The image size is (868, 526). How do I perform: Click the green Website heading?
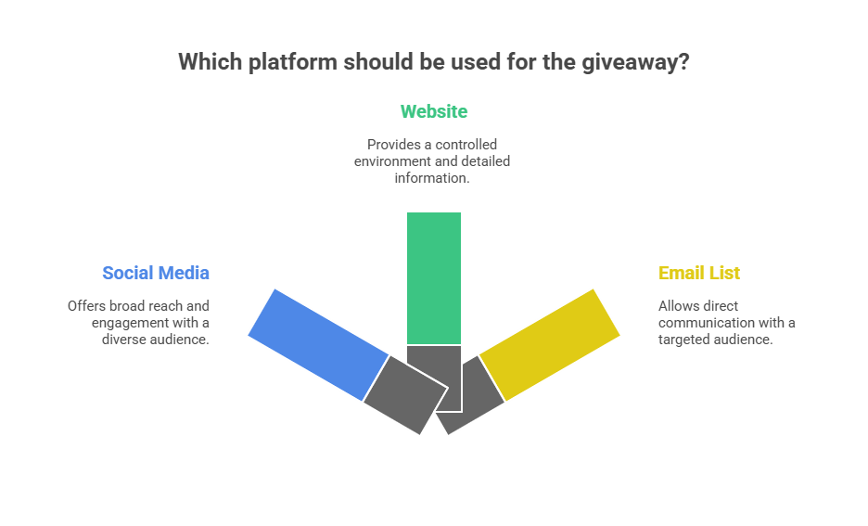pyautogui.click(x=434, y=112)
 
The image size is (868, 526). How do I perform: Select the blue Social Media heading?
pyautogui.click(x=156, y=273)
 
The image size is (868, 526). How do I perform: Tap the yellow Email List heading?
pyautogui.click(x=699, y=273)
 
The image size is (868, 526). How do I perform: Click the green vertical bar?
pyautogui.click(x=434, y=278)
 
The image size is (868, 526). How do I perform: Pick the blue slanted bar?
pyautogui.click(x=317, y=344)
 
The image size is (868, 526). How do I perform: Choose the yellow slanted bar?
pyautogui.click(x=549, y=344)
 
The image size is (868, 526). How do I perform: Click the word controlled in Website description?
pyautogui.click(x=466, y=145)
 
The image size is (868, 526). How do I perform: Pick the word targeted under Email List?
pyautogui.click(x=685, y=339)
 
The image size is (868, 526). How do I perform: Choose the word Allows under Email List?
pyautogui.click(x=677, y=305)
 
